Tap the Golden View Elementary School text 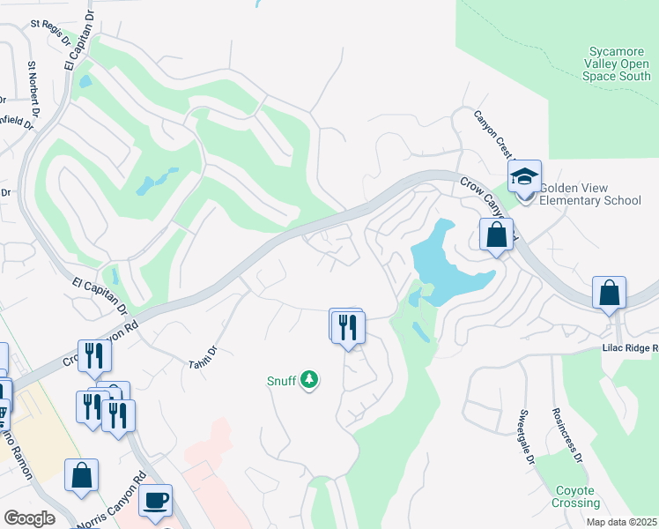pos(589,194)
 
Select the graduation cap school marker pos(524,176)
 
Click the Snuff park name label pos(282,381)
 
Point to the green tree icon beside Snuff pos(308,380)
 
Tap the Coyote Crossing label pos(577,496)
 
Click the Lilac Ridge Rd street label pos(629,348)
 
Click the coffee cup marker pos(155,501)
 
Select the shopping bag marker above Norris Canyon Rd pos(81,475)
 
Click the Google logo pos(30,518)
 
